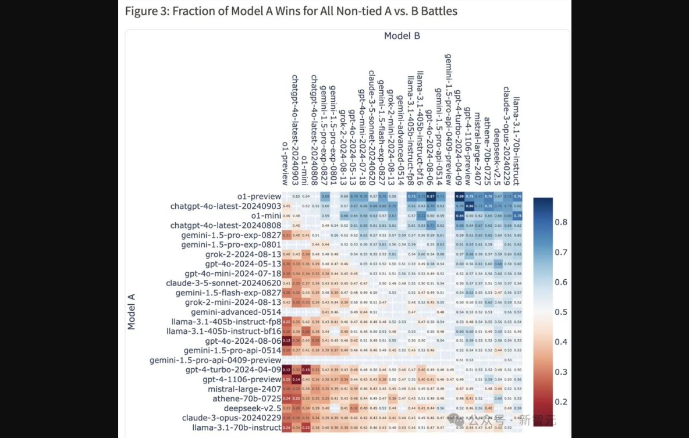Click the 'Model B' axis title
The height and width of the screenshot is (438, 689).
point(402,36)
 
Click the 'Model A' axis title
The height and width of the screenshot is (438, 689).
point(132,311)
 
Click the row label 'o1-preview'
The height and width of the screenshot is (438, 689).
point(259,197)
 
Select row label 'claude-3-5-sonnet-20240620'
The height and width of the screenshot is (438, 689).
point(223,283)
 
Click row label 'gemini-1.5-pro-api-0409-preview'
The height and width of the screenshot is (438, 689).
point(215,360)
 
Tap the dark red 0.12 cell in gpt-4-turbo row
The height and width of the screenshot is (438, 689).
point(286,370)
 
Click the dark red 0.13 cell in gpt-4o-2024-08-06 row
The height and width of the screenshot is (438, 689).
point(286,341)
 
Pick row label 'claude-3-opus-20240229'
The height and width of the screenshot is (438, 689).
point(232,418)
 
